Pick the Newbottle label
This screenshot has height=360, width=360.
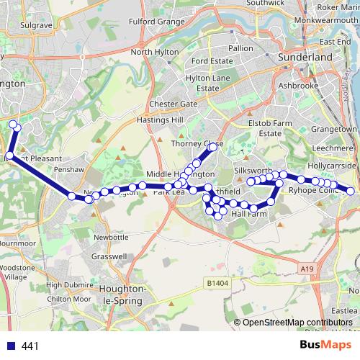[x=111, y=237]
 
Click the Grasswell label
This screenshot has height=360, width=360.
[x=110, y=256]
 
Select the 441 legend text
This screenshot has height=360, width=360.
[x=30, y=346]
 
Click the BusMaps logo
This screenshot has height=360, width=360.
[x=322, y=346]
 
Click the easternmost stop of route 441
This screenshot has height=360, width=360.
[x=351, y=192]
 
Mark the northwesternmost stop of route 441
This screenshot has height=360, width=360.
[x=14, y=126]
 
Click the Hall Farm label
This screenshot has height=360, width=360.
[x=249, y=214]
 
